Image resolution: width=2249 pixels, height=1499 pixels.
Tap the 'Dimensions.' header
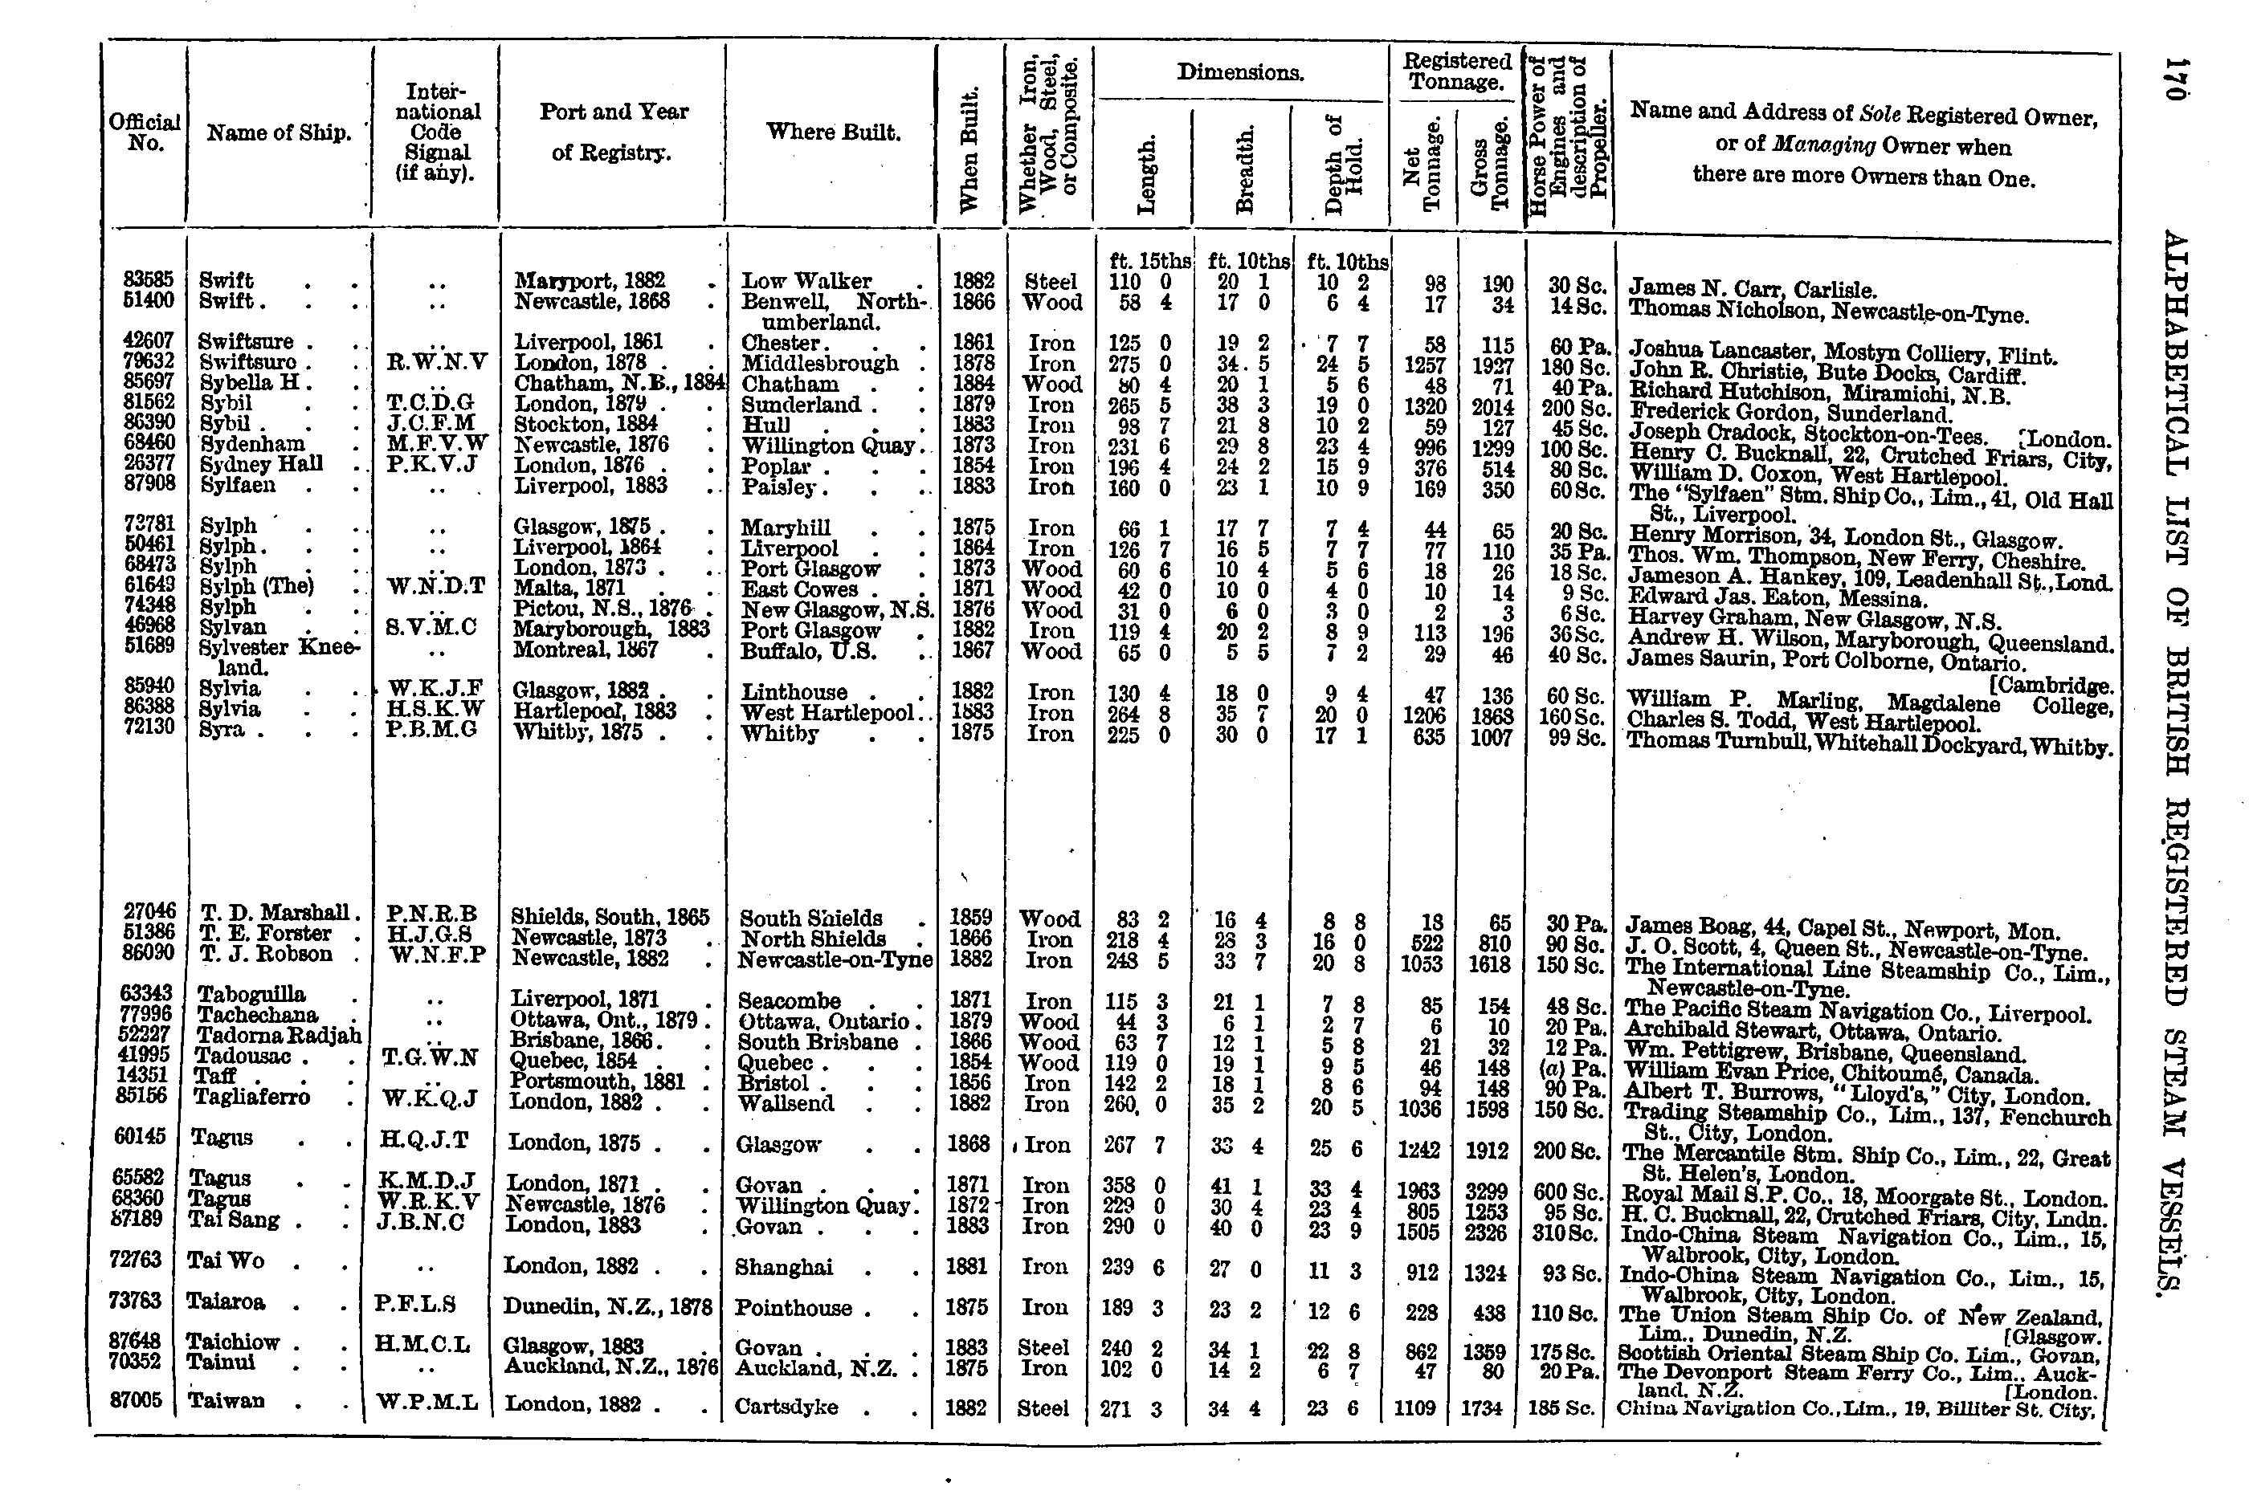tap(1240, 72)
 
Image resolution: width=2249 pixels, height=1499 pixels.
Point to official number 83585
tap(149, 280)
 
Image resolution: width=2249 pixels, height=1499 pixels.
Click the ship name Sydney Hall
tap(261, 463)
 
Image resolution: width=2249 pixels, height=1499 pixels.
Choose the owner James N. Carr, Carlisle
tap(1752, 290)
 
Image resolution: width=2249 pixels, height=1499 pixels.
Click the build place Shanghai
tap(783, 1268)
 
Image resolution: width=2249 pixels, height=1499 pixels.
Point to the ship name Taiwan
tap(226, 1402)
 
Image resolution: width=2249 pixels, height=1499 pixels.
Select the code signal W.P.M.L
tap(427, 1403)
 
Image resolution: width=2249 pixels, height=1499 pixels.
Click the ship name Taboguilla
tap(251, 994)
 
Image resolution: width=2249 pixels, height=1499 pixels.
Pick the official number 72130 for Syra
tap(149, 729)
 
